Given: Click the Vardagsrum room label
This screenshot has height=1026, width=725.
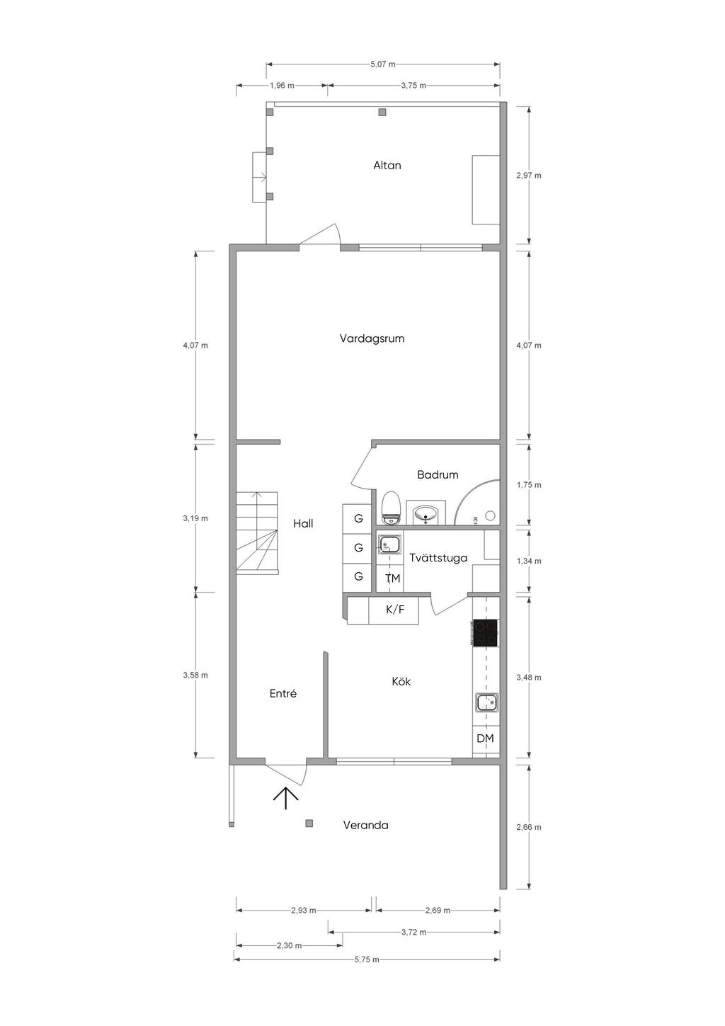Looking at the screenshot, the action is [x=372, y=339].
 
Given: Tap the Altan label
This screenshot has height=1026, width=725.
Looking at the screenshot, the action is [x=387, y=166].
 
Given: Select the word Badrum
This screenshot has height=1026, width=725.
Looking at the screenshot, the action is [x=438, y=474].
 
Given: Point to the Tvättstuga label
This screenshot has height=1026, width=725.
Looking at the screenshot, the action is [x=438, y=558].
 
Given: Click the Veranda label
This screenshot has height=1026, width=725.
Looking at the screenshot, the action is [x=366, y=826].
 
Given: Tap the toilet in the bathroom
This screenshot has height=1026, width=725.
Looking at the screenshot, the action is [x=391, y=508].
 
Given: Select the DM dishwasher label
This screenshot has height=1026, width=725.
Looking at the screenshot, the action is [x=485, y=739].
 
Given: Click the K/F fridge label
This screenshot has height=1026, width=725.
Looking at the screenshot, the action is [x=395, y=609].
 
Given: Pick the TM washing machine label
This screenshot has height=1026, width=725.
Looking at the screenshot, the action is [x=392, y=578].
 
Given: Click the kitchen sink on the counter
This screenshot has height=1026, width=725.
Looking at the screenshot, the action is [x=487, y=702].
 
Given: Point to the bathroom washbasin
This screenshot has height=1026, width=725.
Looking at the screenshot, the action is [x=426, y=513].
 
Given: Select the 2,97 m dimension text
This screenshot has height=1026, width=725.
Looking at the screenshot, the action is [x=528, y=176].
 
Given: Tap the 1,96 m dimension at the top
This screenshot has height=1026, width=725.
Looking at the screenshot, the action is [x=282, y=86].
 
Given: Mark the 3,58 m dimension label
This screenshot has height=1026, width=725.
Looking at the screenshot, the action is [x=195, y=675].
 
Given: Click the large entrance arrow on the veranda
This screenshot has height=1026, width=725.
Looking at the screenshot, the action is [x=286, y=799].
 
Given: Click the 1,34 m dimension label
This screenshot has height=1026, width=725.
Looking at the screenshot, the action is [x=528, y=561].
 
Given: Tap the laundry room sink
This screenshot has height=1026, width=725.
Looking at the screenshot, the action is [x=390, y=545].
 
